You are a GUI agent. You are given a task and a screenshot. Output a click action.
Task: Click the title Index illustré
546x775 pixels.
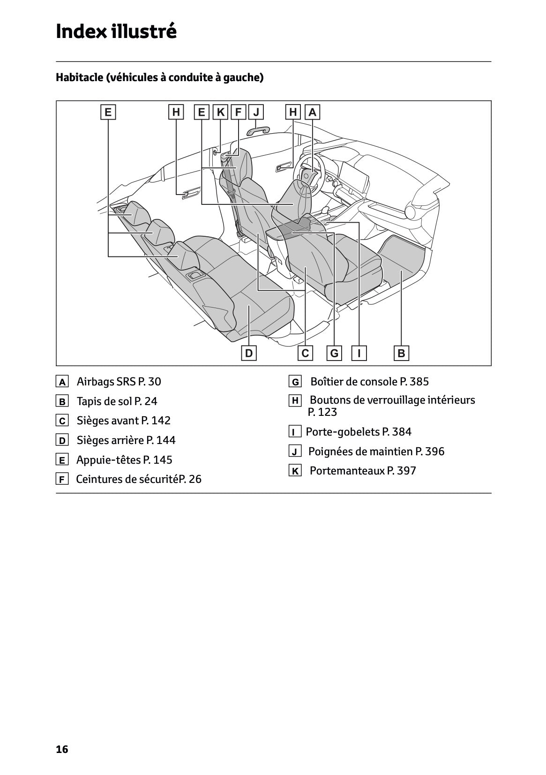point(116,32)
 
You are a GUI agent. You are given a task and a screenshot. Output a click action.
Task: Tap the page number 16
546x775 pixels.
point(62,749)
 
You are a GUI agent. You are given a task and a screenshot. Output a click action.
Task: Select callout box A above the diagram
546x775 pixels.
point(312,112)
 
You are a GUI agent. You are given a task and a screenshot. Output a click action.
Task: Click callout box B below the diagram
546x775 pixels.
point(401,353)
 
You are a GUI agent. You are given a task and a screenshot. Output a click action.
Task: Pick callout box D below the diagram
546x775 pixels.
point(249,353)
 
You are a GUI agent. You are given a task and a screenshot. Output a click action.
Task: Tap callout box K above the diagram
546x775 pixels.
point(220,112)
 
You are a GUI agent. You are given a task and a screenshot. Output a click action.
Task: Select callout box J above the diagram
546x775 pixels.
point(256,112)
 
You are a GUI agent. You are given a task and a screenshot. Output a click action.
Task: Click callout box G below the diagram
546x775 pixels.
point(334,353)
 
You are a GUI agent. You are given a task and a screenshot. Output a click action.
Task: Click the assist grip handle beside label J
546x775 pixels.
point(259,129)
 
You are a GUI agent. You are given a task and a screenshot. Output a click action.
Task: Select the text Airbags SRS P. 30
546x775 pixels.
point(119,382)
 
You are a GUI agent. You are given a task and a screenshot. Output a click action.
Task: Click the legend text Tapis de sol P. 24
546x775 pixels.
point(117,401)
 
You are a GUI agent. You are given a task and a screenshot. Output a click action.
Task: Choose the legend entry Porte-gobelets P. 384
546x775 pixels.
point(359,432)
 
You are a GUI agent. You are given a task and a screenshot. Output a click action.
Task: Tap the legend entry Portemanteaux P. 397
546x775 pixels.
point(362,471)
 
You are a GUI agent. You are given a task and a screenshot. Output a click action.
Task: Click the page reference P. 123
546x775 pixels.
point(322,412)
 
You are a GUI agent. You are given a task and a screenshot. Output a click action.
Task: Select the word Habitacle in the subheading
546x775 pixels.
point(79,77)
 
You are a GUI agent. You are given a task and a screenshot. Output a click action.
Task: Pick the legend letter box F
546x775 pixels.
point(62,479)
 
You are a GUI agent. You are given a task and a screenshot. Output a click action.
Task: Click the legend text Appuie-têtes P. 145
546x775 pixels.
point(124,460)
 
